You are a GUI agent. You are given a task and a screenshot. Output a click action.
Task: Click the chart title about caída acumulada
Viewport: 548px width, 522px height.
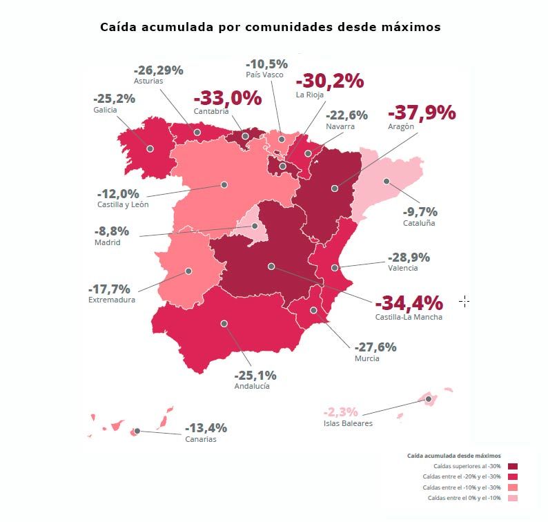pos(270,28)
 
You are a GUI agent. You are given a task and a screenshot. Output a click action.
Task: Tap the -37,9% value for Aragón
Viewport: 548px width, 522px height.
pos(422,113)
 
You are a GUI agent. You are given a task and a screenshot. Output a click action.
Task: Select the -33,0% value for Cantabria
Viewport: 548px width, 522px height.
pos(228,98)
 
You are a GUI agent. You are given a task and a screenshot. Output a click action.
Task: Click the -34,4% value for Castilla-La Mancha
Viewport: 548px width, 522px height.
pos(409,303)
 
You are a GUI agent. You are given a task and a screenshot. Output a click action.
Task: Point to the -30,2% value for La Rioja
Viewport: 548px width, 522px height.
pos(329,81)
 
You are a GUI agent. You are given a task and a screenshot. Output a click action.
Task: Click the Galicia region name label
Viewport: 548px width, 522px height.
pos(105,110)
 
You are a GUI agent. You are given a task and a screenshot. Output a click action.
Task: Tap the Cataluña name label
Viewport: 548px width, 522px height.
pos(419,223)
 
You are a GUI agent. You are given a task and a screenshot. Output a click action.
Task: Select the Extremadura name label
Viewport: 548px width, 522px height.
pos(112,300)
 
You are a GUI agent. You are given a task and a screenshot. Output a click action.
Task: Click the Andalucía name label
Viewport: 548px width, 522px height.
pos(252,386)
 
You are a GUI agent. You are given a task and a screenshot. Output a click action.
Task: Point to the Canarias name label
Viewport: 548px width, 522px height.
pos(200,439)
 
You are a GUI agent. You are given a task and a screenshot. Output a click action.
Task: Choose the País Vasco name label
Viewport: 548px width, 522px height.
pos(264,75)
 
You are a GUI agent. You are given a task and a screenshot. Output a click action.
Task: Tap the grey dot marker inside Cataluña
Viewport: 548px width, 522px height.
pos(386,182)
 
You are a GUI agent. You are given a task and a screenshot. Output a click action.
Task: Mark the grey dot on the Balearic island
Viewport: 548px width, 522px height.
pos(428,399)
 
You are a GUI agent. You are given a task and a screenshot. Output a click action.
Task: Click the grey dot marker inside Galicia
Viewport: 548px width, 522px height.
pos(150,148)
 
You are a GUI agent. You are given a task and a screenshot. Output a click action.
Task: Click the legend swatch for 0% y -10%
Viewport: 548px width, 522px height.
pos(512,498)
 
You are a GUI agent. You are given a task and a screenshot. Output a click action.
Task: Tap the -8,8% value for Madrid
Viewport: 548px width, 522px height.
pos(111,231)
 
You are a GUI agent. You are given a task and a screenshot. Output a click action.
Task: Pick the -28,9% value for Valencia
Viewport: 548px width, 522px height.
pos(409,258)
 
